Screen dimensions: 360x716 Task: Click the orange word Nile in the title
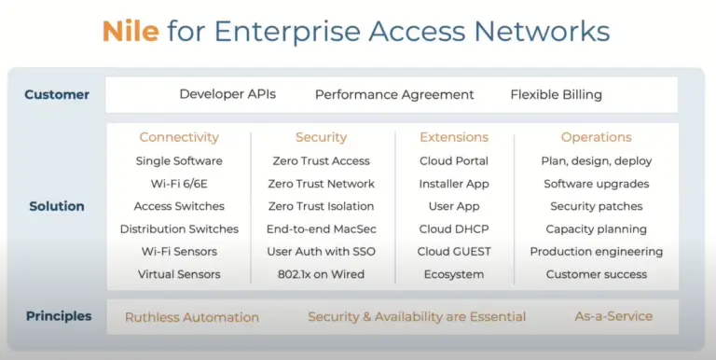(x=131, y=32)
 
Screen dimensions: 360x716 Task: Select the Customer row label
(x=57, y=94)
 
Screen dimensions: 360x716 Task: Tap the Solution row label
(x=57, y=206)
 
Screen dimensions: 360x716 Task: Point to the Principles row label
(x=59, y=316)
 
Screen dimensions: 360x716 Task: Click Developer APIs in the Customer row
(x=227, y=94)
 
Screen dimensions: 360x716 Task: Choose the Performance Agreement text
(x=394, y=94)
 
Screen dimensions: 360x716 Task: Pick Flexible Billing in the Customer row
(x=556, y=94)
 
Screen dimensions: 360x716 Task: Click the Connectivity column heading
(x=179, y=137)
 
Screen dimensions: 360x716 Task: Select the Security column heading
(x=321, y=137)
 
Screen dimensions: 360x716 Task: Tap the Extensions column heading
(x=454, y=137)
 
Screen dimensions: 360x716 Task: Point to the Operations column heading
(x=596, y=137)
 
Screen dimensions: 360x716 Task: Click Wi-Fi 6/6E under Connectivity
(x=179, y=184)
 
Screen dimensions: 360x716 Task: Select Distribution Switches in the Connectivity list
(x=179, y=228)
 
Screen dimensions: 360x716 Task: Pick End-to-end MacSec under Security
(x=321, y=228)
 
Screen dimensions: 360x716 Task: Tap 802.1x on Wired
(x=321, y=274)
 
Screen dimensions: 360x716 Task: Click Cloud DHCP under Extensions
(x=454, y=228)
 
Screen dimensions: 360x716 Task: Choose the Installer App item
(x=454, y=184)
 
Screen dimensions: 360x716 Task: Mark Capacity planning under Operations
(x=596, y=228)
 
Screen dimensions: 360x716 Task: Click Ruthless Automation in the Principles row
(x=192, y=317)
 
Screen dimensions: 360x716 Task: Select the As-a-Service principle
(x=613, y=316)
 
